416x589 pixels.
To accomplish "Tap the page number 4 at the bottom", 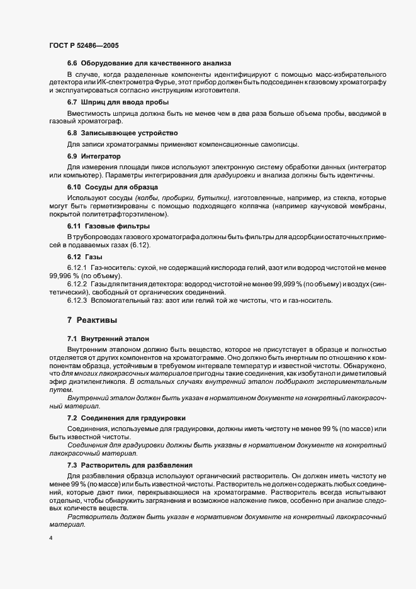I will point(51,539).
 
